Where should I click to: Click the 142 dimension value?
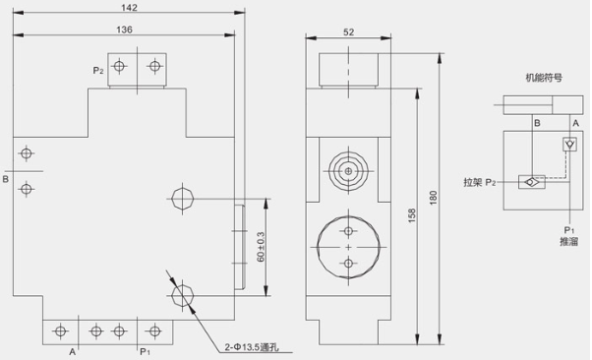tap(129, 8)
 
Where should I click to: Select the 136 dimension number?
tap(124, 30)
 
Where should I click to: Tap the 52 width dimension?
tap(348, 32)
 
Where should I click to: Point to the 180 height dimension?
tap(433, 198)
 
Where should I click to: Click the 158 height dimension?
tap(412, 215)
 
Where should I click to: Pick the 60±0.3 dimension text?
tap(261, 247)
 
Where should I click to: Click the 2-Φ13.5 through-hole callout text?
tap(252, 347)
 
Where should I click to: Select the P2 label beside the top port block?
tap(98, 71)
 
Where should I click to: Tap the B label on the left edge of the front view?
tap(5, 179)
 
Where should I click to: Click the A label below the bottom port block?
tap(72, 352)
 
